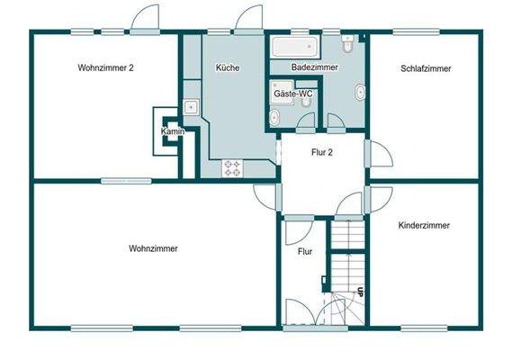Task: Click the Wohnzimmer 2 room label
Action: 106,68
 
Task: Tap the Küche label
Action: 228,68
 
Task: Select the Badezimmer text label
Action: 314,68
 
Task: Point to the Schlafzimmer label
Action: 426,68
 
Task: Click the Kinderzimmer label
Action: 424,226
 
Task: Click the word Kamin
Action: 172,132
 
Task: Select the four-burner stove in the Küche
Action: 232,166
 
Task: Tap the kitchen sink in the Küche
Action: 191,107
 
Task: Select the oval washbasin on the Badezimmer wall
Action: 360,91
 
